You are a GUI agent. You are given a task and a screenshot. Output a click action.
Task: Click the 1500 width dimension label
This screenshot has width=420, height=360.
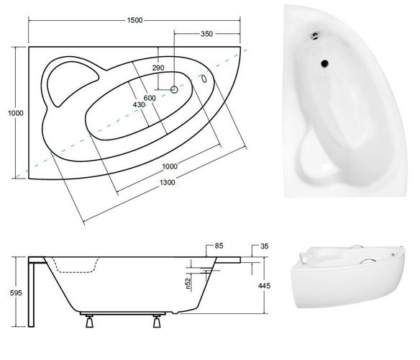tap(134, 20)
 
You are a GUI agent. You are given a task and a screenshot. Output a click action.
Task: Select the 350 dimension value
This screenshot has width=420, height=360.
tap(207, 34)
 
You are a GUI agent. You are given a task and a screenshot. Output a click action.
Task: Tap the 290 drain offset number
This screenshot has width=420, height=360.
tap(158, 68)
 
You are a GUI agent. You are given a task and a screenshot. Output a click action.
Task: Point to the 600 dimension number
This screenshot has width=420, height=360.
tap(150, 98)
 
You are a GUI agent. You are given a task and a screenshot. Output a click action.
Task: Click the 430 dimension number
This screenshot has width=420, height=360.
tap(139, 105)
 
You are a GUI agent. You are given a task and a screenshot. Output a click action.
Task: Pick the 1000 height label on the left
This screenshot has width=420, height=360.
tap(16, 113)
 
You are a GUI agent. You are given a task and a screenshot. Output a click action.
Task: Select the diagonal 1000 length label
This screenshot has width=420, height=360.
tap(170, 166)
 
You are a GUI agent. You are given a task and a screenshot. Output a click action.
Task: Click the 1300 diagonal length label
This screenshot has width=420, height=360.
tap(168, 183)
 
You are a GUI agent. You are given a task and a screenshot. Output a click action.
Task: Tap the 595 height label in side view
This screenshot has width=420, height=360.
tap(16, 293)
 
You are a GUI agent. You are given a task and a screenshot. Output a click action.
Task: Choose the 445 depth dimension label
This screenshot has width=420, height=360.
tap(265, 286)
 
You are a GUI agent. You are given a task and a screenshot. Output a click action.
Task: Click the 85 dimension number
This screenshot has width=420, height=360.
tap(219, 246)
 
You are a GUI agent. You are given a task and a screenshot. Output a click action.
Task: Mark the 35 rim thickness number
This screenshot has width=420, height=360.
tap(265, 246)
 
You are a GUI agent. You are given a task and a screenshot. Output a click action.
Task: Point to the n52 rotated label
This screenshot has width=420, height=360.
tap(188, 284)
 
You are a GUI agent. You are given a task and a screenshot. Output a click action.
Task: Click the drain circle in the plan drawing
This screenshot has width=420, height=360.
tap(174, 89)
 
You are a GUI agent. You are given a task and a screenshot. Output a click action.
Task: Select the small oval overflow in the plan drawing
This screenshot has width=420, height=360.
tap(204, 78)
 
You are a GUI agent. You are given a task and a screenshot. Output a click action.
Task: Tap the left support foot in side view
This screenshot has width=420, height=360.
tap(89, 321)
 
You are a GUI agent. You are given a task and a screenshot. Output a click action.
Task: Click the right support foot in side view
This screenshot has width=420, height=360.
tap(157, 321)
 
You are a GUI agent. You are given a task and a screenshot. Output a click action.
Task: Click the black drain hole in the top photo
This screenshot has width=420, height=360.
tap(324, 63)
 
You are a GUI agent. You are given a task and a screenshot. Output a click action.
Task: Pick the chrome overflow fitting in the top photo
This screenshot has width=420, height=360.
tap(316, 35)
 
